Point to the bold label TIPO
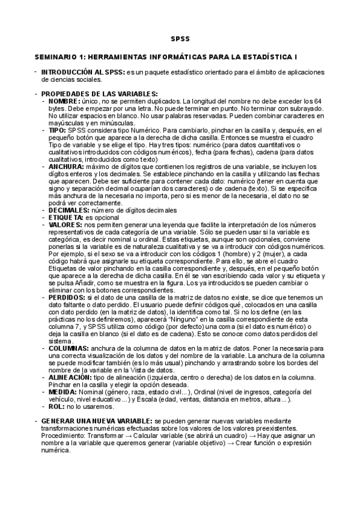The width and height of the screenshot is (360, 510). tap(58, 129)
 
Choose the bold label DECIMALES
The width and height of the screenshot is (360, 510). tap(68, 209)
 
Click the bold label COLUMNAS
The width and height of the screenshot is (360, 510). tap(69, 348)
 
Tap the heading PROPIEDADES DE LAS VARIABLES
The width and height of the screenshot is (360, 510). tap(99, 93)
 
